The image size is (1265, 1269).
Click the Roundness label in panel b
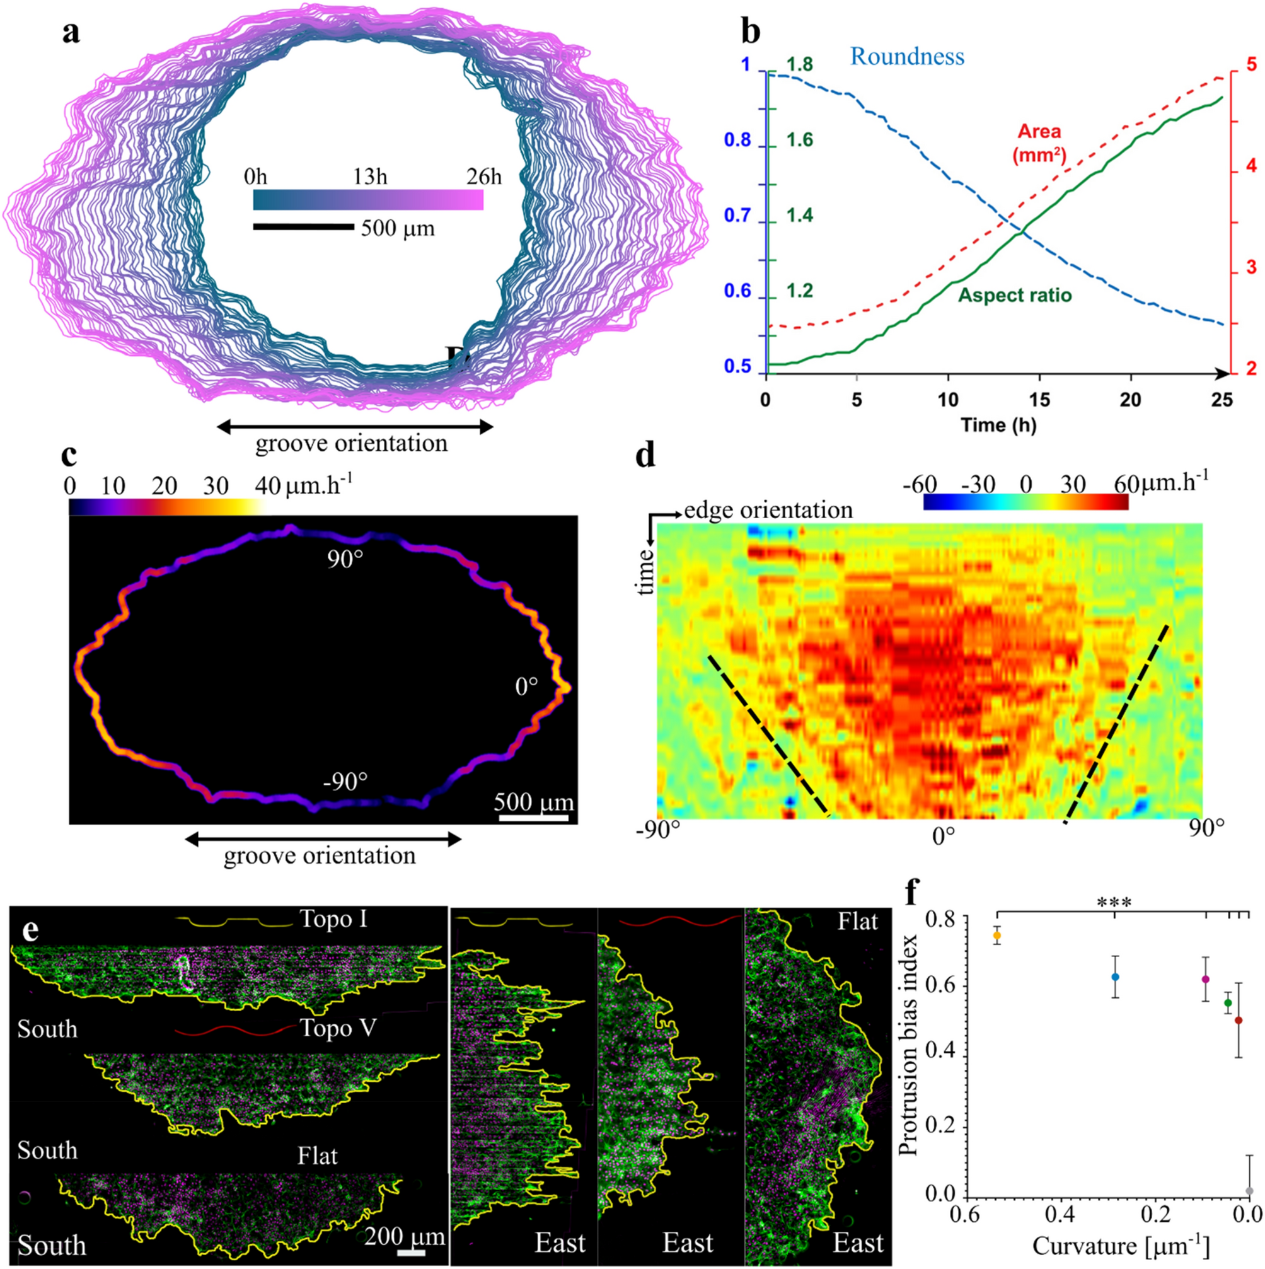[x=907, y=57]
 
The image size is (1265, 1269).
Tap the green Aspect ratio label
[x=1014, y=295]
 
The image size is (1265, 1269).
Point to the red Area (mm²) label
[x=1039, y=143]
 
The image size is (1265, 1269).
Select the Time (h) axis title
[x=998, y=425]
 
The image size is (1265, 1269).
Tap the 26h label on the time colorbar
[x=483, y=177]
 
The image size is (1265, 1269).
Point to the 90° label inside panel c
[x=345, y=560]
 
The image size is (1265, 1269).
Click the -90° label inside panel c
[x=345, y=782]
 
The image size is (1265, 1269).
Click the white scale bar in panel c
[x=533, y=818]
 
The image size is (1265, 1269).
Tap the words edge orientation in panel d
[x=768, y=510]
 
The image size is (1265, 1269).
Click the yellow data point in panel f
[x=997, y=936]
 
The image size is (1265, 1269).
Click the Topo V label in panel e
[x=338, y=1028]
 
